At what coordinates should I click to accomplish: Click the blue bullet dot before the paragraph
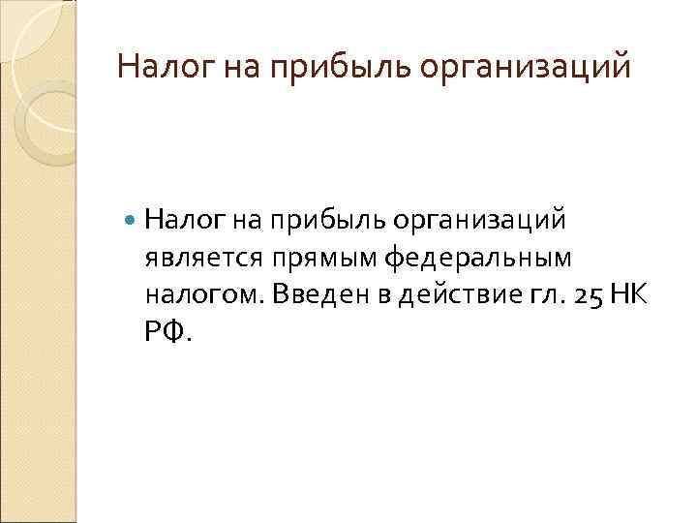point(132,222)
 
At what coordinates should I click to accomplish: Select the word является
point(204,259)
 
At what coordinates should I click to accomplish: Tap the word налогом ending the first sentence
point(204,296)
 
